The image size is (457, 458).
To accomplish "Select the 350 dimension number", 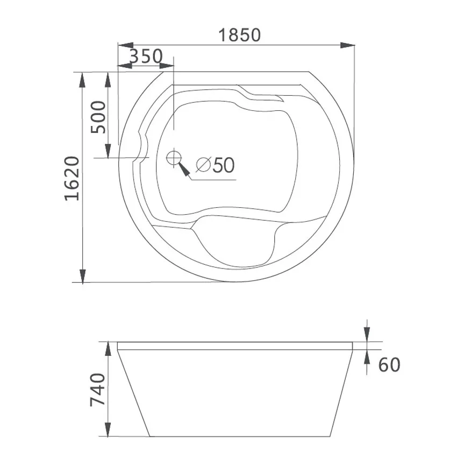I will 146,55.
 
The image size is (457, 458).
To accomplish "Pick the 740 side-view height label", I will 97,390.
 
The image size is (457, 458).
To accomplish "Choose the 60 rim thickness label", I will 389,365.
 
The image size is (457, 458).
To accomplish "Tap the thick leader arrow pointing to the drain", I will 184,170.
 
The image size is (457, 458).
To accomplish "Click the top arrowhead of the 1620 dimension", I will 82,79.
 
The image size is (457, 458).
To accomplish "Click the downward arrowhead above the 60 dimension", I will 367,334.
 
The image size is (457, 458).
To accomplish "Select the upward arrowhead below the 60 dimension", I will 367,357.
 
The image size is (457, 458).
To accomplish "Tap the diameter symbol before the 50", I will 203,165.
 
